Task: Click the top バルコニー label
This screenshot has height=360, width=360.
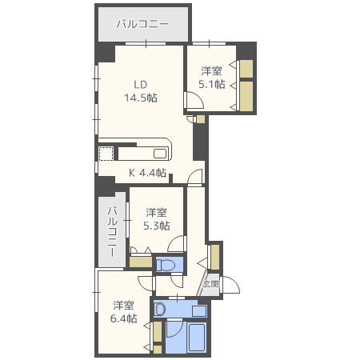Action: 142,24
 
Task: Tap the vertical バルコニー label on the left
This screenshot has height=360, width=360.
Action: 113,231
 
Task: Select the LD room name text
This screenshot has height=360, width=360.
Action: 141,85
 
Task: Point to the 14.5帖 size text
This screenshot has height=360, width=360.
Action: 141,98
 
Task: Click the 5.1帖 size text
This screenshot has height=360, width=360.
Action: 212,84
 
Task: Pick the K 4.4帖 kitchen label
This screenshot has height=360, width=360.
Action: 147,173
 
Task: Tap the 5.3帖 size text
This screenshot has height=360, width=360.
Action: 157,226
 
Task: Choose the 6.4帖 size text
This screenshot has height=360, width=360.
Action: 124,318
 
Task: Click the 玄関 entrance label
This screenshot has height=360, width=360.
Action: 211,284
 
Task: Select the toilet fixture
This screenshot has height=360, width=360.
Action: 166,265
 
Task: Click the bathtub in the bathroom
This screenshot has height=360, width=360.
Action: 198,338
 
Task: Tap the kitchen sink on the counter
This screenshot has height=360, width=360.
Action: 160,154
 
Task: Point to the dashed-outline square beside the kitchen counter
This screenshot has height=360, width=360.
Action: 106,154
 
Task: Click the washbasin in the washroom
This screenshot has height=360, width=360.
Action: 160,310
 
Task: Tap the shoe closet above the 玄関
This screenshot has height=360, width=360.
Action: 215,257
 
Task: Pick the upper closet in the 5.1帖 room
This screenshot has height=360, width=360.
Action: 246,69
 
